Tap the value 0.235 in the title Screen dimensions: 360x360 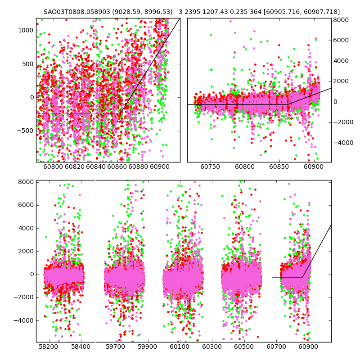tap(242, 12)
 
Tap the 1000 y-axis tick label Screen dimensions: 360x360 tap(26, 31)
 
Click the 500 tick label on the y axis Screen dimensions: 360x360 tap(28, 64)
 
